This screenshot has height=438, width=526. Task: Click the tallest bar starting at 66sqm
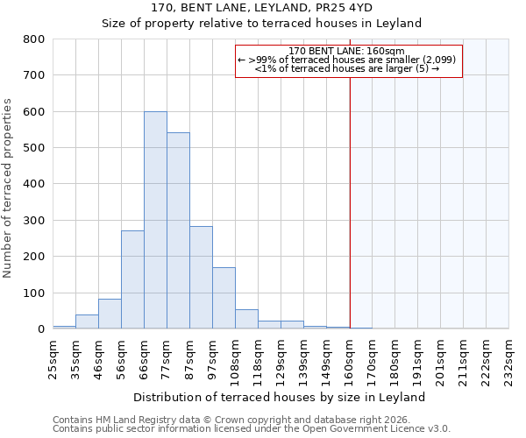click(x=155, y=220)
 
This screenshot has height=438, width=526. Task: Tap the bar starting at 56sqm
click(x=132, y=279)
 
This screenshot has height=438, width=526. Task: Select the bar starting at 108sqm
click(x=246, y=319)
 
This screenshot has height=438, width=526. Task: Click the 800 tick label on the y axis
click(x=33, y=39)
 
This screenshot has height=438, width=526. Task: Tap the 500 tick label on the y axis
click(x=33, y=148)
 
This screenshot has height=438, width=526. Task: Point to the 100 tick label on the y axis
click(x=33, y=293)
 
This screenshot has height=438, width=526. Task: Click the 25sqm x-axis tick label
click(x=53, y=357)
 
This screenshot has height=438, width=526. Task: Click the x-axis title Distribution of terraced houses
click(x=281, y=397)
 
